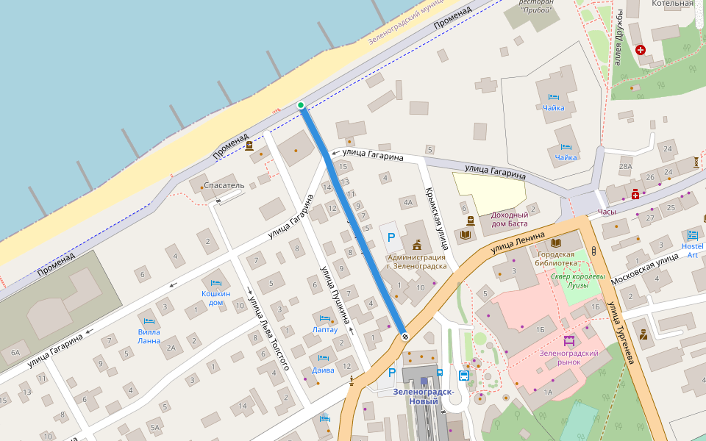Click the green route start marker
tap(300, 106)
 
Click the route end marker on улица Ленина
tap(404, 337)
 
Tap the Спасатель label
tap(224, 185)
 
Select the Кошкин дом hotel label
tap(216, 298)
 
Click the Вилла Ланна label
tap(149, 336)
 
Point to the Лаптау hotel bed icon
tap(325, 319)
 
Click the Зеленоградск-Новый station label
tap(423, 395)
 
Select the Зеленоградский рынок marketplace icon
tap(568, 341)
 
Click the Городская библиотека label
tap(555, 258)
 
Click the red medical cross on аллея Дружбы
tap(641, 50)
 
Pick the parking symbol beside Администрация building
tap(391, 238)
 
